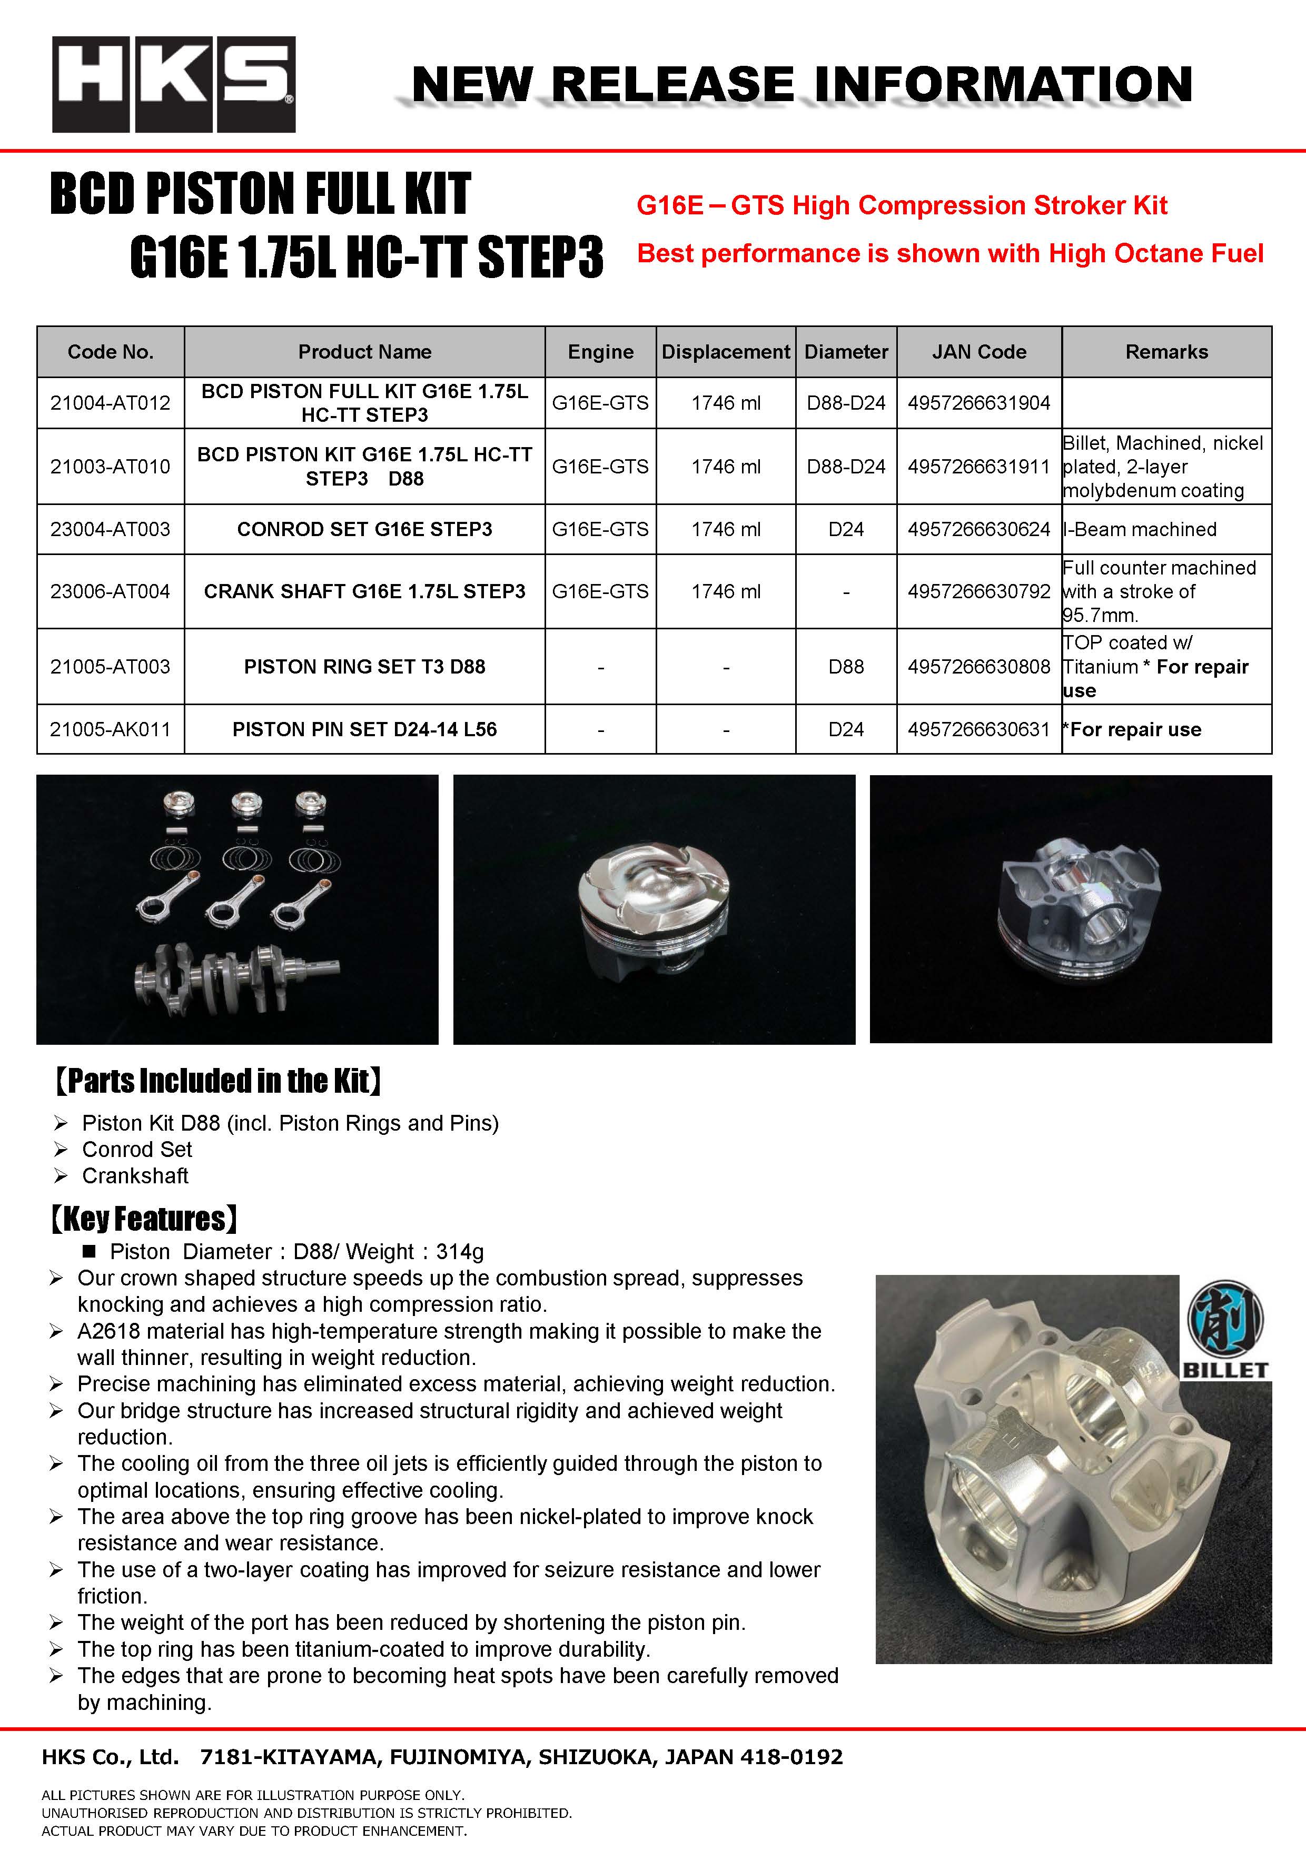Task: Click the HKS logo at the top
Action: click(173, 84)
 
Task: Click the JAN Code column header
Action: click(978, 352)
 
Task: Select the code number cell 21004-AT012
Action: click(110, 403)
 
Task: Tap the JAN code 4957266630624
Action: click(978, 529)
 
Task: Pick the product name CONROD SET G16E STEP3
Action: click(364, 529)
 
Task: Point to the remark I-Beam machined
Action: click(1140, 529)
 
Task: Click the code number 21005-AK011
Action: click(110, 729)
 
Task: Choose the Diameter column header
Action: click(846, 352)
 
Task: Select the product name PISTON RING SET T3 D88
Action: click(364, 667)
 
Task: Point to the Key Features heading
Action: click(144, 1219)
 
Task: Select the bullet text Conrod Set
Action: click(137, 1150)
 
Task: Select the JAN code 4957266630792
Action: click(978, 591)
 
